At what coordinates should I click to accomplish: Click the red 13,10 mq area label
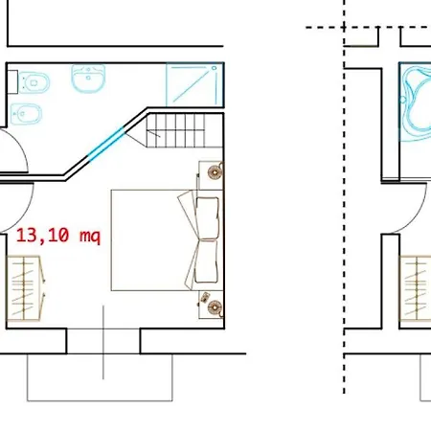click(x=58, y=236)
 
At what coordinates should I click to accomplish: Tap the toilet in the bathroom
click(x=34, y=83)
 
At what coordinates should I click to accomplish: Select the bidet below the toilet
click(x=26, y=113)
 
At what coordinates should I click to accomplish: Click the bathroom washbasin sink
click(x=88, y=79)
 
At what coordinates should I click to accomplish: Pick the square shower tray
click(x=194, y=84)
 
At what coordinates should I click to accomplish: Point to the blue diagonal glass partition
click(x=105, y=144)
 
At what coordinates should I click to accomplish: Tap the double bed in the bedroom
click(x=167, y=240)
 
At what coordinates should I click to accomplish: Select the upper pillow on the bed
click(x=208, y=217)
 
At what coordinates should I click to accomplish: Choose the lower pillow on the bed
click(x=206, y=261)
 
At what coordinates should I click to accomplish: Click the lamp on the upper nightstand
click(x=215, y=172)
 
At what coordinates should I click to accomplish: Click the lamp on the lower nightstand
click(x=215, y=307)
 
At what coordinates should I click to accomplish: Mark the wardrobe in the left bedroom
click(x=24, y=288)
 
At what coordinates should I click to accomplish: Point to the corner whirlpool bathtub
click(x=416, y=102)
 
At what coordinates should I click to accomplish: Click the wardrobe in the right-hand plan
click(x=416, y=288)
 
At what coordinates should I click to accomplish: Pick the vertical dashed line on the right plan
click(x=344, y=196)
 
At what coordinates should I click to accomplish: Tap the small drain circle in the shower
click(x=215, y=68)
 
